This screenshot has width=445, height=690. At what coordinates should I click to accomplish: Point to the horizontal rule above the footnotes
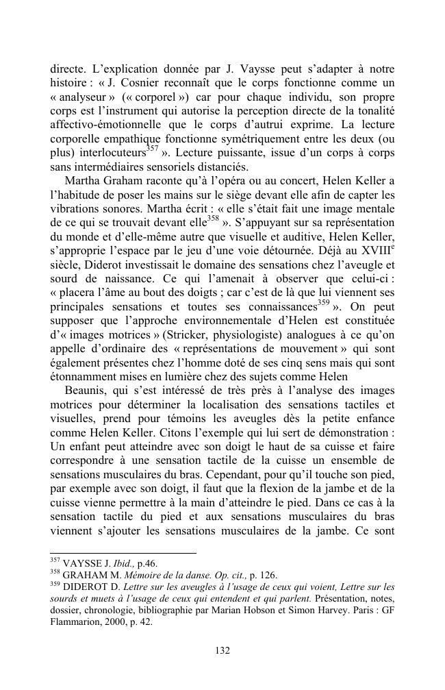pyautogui.click(x=123, y=552)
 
